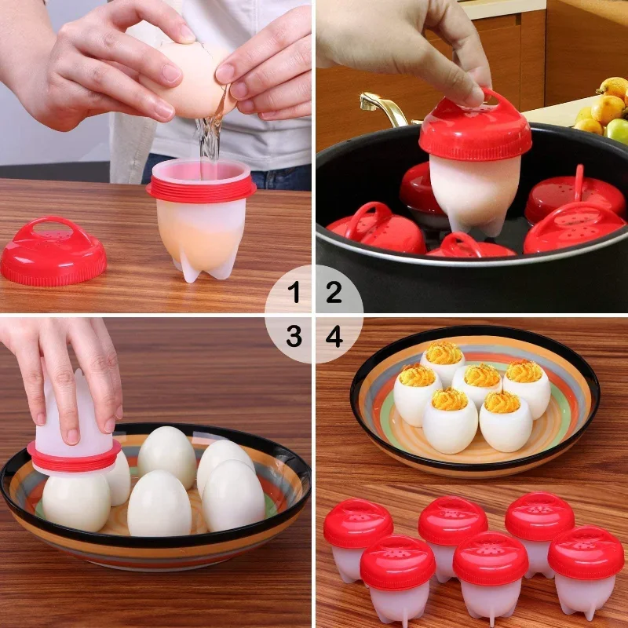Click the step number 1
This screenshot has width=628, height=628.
294,294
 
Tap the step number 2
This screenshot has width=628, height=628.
334,294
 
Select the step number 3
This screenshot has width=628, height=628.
294,337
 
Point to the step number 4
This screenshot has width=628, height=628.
334,337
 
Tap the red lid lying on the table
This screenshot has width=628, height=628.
53,253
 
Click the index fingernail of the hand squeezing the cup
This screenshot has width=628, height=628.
73,435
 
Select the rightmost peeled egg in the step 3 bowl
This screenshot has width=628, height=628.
233,495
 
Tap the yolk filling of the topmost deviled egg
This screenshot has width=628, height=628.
444,352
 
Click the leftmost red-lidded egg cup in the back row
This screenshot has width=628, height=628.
357,534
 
